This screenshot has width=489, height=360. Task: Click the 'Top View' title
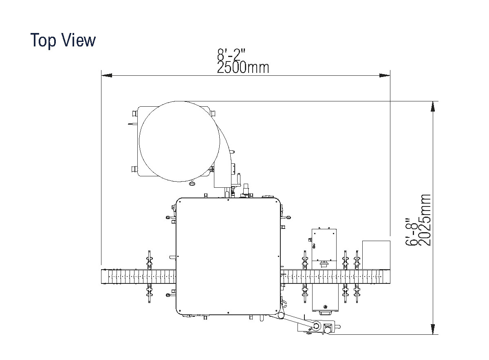point(63,40)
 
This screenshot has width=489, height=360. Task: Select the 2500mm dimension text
point(243,68)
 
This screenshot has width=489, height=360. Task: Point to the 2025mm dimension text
point(425,220)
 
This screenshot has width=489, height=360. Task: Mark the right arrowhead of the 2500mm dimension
point(385,75)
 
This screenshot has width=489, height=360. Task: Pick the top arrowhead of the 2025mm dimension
point(432,106)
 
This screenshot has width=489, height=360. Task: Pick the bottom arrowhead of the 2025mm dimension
point(432,329)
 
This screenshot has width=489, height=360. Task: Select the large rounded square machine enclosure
point(228,257)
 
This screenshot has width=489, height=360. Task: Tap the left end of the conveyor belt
point(105,277)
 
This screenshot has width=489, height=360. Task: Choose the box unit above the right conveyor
point(324,244)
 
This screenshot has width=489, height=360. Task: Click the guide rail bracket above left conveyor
point(149,261)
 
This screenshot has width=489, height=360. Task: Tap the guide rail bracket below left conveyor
point(149,293)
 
